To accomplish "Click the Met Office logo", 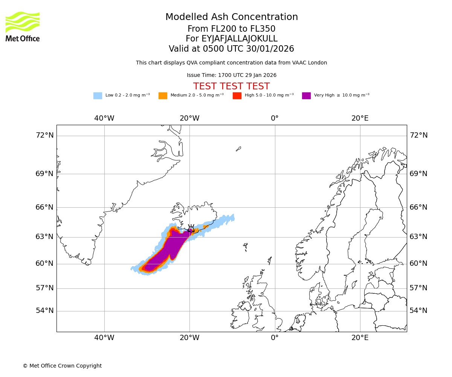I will pyautogui.click(x=23, y=26).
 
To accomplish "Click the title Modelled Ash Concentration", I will pyautogui.click(x=231, y=17).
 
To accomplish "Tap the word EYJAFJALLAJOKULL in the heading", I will pyautogui.click(x=240, y=39).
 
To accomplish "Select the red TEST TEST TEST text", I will pyautogui.click(x=231, y=86).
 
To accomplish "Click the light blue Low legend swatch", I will pyautogui.click(x=98, y=96).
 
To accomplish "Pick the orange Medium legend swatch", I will pyautogui.click(x=163, y=96).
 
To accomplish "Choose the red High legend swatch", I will pyautogui.click(x=237, y=96).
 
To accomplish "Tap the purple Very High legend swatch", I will pyautogui.click(x=306, y=96).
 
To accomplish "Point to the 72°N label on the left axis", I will pyautogui.click(x=44, y=135).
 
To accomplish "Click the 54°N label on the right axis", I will pyautogui.click(x=418, y=311).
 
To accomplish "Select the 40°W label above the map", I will pyautogui.click(x=104, y=118).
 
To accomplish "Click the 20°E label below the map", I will pyautogui.click(x=360, y=338).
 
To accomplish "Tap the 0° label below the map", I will pyautogui.click(x=275, y=338).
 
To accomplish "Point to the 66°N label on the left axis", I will pyautogui.click(x=44, y=207).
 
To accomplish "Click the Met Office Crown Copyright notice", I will pyautogui.click(x=62, y=366).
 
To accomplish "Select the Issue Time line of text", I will pyautogui.click(x=231, y=75).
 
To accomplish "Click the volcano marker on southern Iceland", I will pyautogui.click(x=191, y=229).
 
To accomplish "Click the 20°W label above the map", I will pyautogui.click(x=189, y=118).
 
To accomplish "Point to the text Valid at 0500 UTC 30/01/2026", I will pyautogui.click(x=231, y=49).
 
